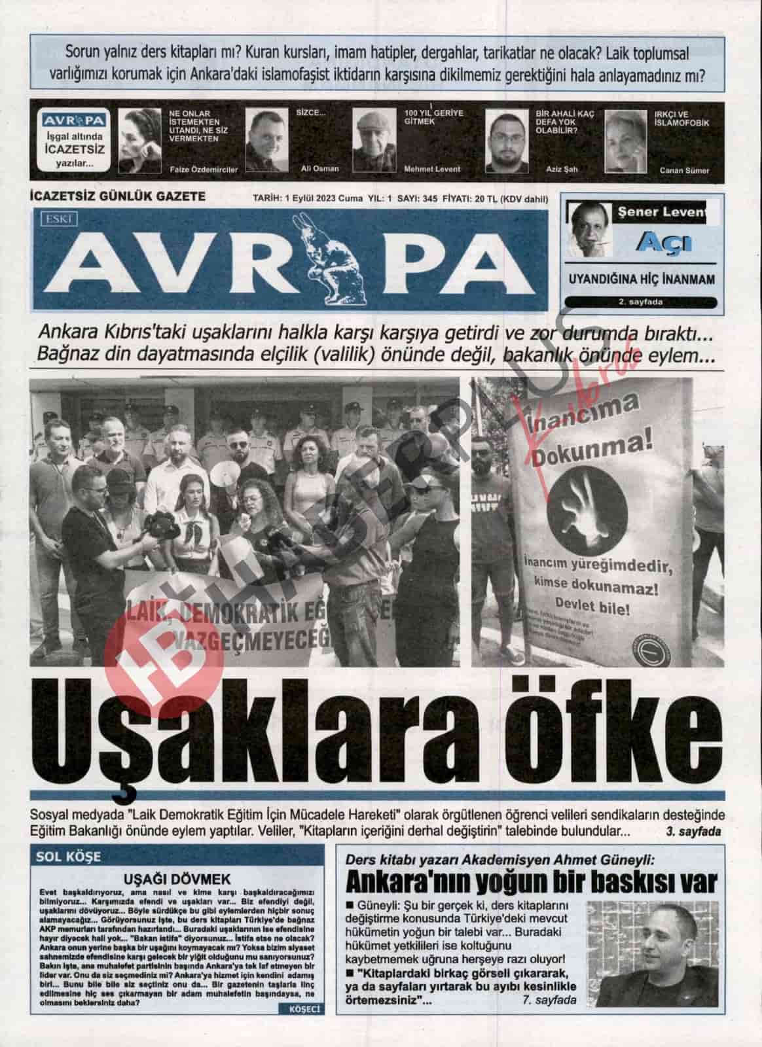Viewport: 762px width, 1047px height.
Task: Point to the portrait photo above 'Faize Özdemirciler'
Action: pyautogui.click(x=139, y=140)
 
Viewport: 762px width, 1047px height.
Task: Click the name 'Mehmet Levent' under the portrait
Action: pyautogui.click(x=432, y=169)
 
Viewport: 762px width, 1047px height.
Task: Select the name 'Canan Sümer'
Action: pyautogui.click(x=684, y=171)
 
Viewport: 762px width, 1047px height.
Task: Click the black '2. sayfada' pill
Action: pyautogui.click(x=640, y=302)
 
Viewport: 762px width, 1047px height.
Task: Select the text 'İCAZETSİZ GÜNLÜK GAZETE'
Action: pyautogui.click(x=118, y=196)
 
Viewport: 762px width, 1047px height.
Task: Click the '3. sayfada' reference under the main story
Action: pyautogui.click(x=693, y=832)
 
